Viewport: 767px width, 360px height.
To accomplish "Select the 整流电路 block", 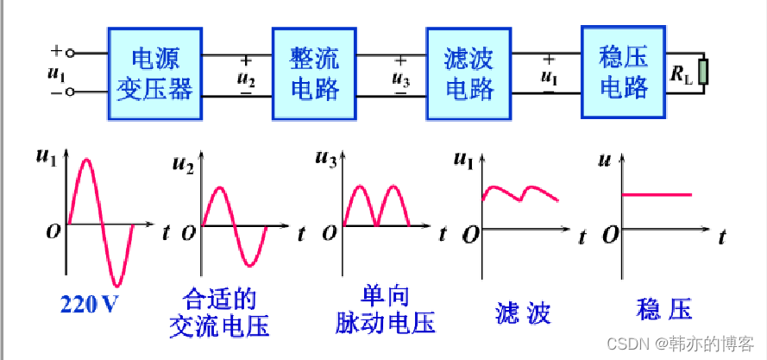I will click(x=314, y=73).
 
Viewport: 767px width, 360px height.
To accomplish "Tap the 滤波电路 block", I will click(x=468, y=73).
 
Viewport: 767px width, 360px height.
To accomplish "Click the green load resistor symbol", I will click(x=704, y=72).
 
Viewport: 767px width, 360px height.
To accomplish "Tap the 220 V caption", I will click(x=89, y=304).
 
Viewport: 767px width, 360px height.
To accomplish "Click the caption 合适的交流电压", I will click(x=221, y=313).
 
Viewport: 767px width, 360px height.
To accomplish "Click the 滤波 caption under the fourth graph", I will click(x=523, y=312).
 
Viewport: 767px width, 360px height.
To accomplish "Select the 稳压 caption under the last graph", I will click(x=664, y=310).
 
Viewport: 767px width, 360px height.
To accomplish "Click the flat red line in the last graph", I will click(x=656, y=195).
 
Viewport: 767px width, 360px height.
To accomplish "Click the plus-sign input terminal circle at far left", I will click(x=70, y=53).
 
